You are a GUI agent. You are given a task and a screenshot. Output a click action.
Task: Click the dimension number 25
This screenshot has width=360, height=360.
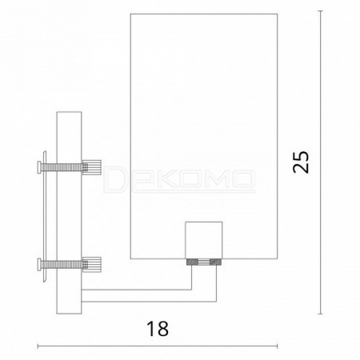pyautogui.click(x=301, y=162)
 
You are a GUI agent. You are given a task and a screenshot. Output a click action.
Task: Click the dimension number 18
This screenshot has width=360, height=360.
pyautogui.click(x=158, y=329)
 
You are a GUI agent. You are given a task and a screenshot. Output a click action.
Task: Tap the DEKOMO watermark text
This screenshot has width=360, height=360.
pyautogui.click(x=179, y=179)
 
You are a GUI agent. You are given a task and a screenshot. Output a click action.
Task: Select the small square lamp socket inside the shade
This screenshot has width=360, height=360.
pyautogui.click(x=204, y=240)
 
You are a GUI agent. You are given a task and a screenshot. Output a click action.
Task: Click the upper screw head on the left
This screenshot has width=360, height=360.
pyautogui.click(x=39, y=167)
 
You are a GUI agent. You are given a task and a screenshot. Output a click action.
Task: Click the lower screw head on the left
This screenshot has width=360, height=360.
pyautogui.click(x=39, y=265)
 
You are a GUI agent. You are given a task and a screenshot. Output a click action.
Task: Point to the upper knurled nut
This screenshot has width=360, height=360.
pyautogui.click(x=92, y=167)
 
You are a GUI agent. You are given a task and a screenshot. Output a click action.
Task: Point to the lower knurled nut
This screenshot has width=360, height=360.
pyautogui.click(x=92, y=265)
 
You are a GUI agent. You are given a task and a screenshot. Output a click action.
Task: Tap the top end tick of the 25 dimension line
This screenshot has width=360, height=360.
pyautogui.click(x=321, y=11)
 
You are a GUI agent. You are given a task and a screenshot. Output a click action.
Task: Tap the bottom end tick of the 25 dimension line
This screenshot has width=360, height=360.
pyautogui.click(x=321, y=314)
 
